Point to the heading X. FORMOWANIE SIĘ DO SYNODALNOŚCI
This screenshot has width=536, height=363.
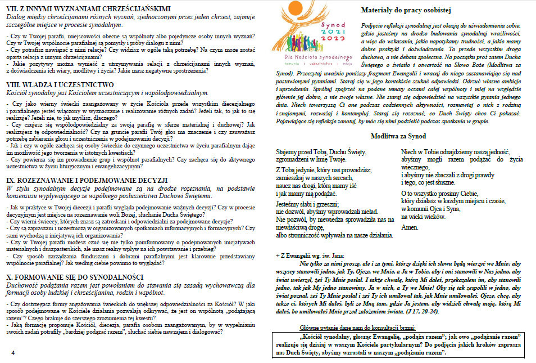(x=81, y=277)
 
